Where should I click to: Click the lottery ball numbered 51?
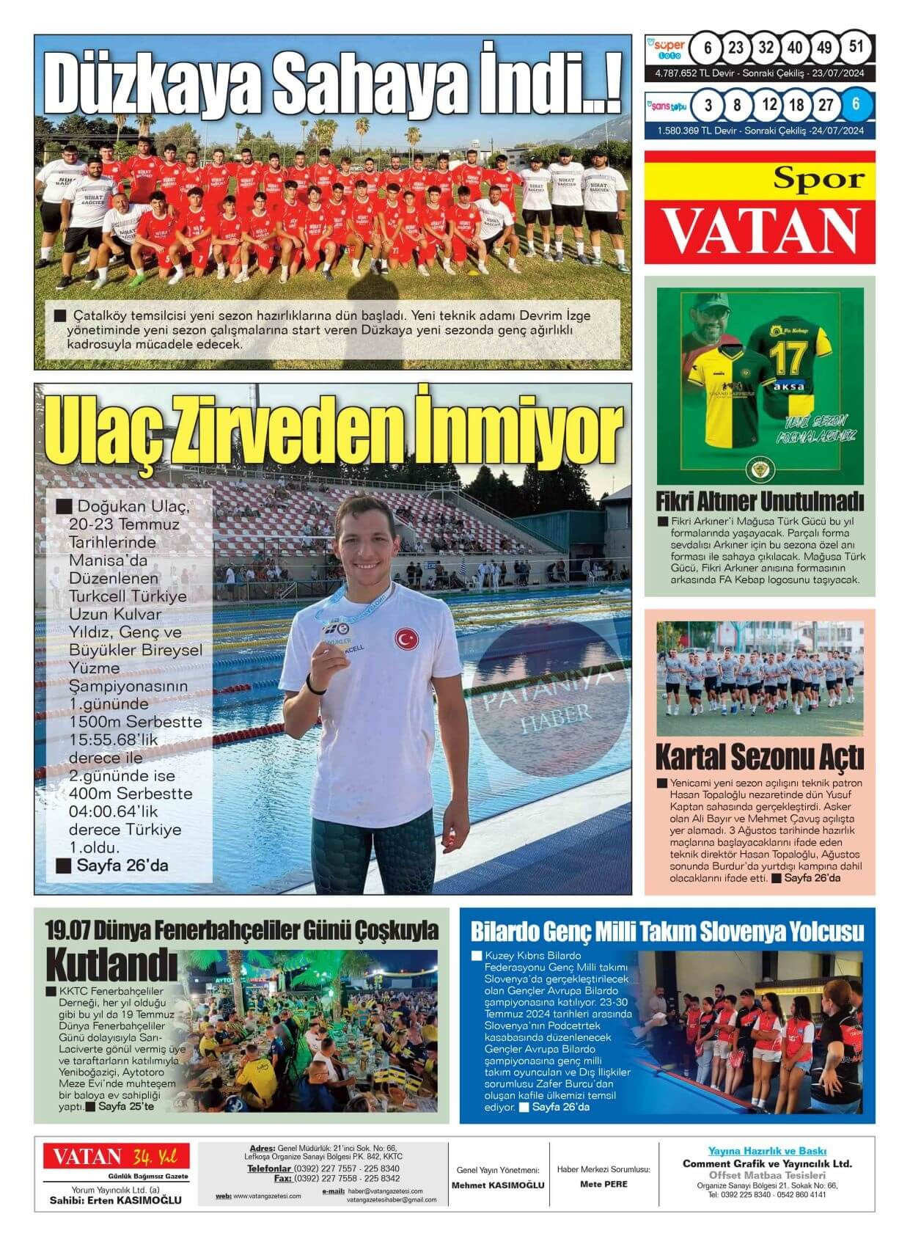point(855,48)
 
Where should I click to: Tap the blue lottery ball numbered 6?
point(856,104)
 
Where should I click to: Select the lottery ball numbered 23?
point(735,48)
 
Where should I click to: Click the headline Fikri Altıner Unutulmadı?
point(760,502)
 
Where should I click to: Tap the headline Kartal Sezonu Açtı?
point(759,756)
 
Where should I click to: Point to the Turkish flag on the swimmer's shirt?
point(405,638)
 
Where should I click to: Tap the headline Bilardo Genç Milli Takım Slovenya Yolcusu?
point(667,932)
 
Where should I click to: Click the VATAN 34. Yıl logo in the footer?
point(116,1157)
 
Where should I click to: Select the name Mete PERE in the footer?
point(603,1184)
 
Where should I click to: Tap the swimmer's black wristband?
point(316,687)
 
